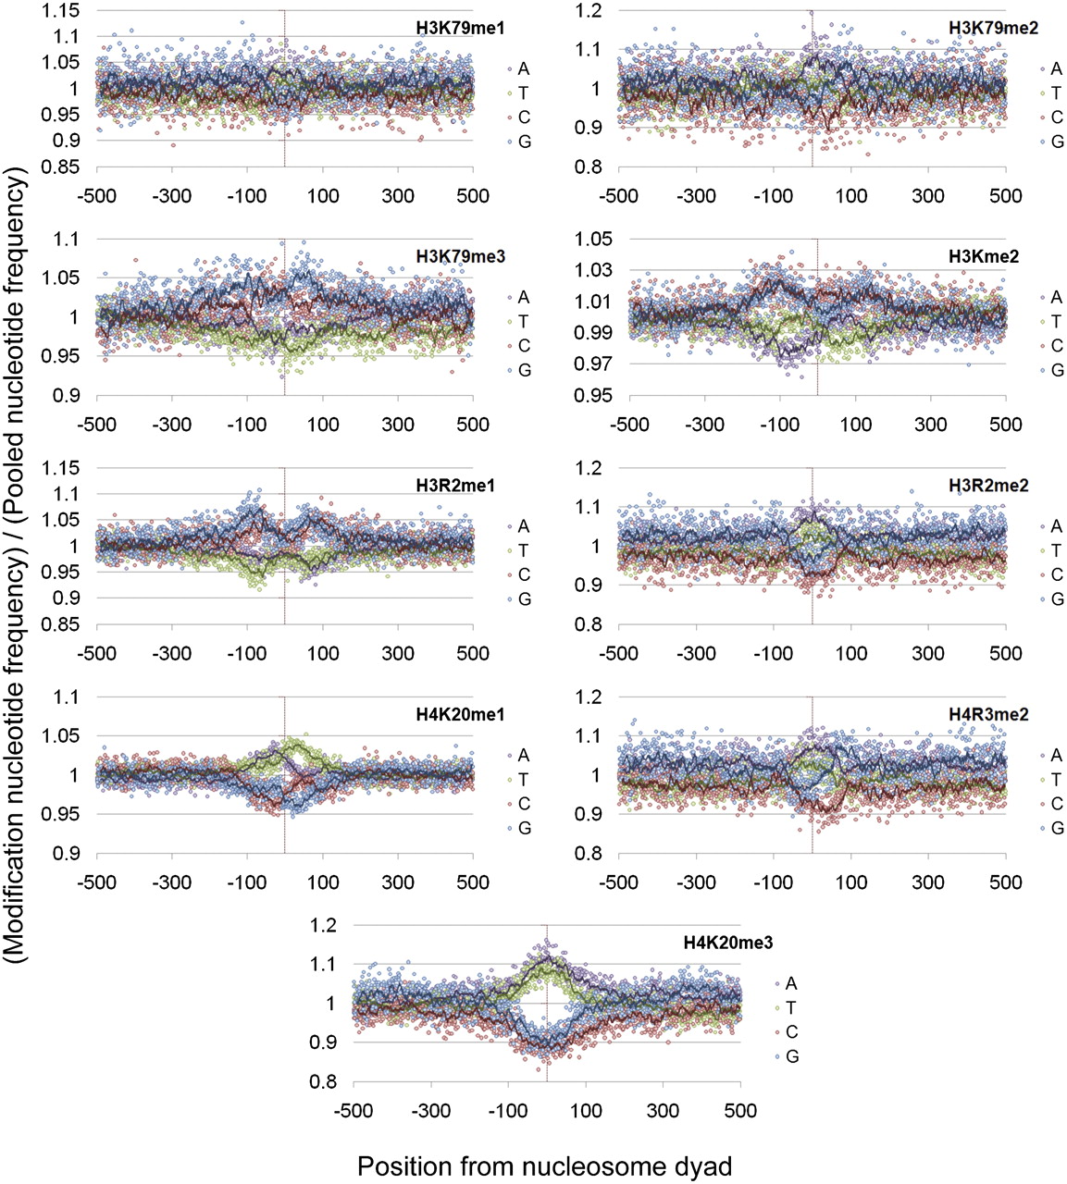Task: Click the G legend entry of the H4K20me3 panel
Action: [791, 1056]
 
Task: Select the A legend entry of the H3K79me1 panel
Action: [524, 68]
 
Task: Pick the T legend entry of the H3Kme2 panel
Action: [1056, 322]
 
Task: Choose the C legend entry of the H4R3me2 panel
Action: [1056, 804]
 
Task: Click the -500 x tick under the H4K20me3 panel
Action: [355, 1110]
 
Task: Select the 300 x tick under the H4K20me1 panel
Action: [398, 882]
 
